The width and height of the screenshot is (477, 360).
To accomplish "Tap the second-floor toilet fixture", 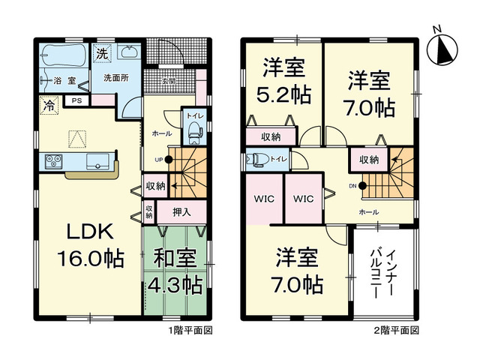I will coord(257,159).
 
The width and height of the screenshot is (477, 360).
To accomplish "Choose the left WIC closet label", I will coord(262,199).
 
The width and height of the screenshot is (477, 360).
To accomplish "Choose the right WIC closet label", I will coord(303,199).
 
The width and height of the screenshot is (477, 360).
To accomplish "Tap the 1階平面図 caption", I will coord(188,330).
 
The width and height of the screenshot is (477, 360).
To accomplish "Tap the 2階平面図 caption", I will coord(395,330).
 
